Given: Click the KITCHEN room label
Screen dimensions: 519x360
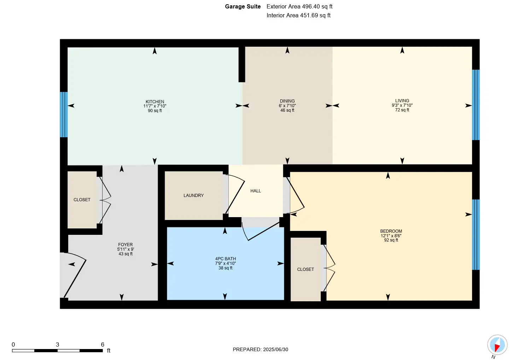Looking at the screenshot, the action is (155, 102).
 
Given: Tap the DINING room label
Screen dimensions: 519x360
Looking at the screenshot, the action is (287, 101).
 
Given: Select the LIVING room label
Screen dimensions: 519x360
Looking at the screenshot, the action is (402, 100).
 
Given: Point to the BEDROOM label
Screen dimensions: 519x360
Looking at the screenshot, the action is (391, 231).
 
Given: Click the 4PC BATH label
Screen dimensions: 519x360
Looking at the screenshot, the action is (226, 259).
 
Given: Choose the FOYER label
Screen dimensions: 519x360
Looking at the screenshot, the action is (126, 245).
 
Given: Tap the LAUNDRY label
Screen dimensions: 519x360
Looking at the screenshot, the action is (193, 196).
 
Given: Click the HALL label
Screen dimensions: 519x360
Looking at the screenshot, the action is (256, 191).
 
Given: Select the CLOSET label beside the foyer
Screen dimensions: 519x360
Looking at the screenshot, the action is (82, 199).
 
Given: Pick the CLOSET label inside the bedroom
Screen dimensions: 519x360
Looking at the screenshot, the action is (305, 269).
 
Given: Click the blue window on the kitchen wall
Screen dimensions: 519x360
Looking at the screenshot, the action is (64, 115).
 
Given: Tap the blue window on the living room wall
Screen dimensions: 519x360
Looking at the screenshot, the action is (476, 105).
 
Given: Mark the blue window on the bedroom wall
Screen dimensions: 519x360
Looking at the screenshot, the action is (476, 234).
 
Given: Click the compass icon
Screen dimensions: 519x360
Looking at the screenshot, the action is (497, 345).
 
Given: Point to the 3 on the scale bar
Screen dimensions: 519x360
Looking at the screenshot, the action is (58, 344).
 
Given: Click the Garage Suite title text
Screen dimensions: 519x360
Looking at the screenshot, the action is (243, 6).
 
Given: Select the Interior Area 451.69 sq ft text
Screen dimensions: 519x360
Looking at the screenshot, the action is (298, 15).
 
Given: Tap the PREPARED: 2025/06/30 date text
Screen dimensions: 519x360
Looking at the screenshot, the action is (261, 349).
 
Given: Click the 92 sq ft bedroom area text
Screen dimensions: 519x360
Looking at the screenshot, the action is (391, 240).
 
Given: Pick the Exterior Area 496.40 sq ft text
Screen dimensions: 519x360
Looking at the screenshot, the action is (299, 6).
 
